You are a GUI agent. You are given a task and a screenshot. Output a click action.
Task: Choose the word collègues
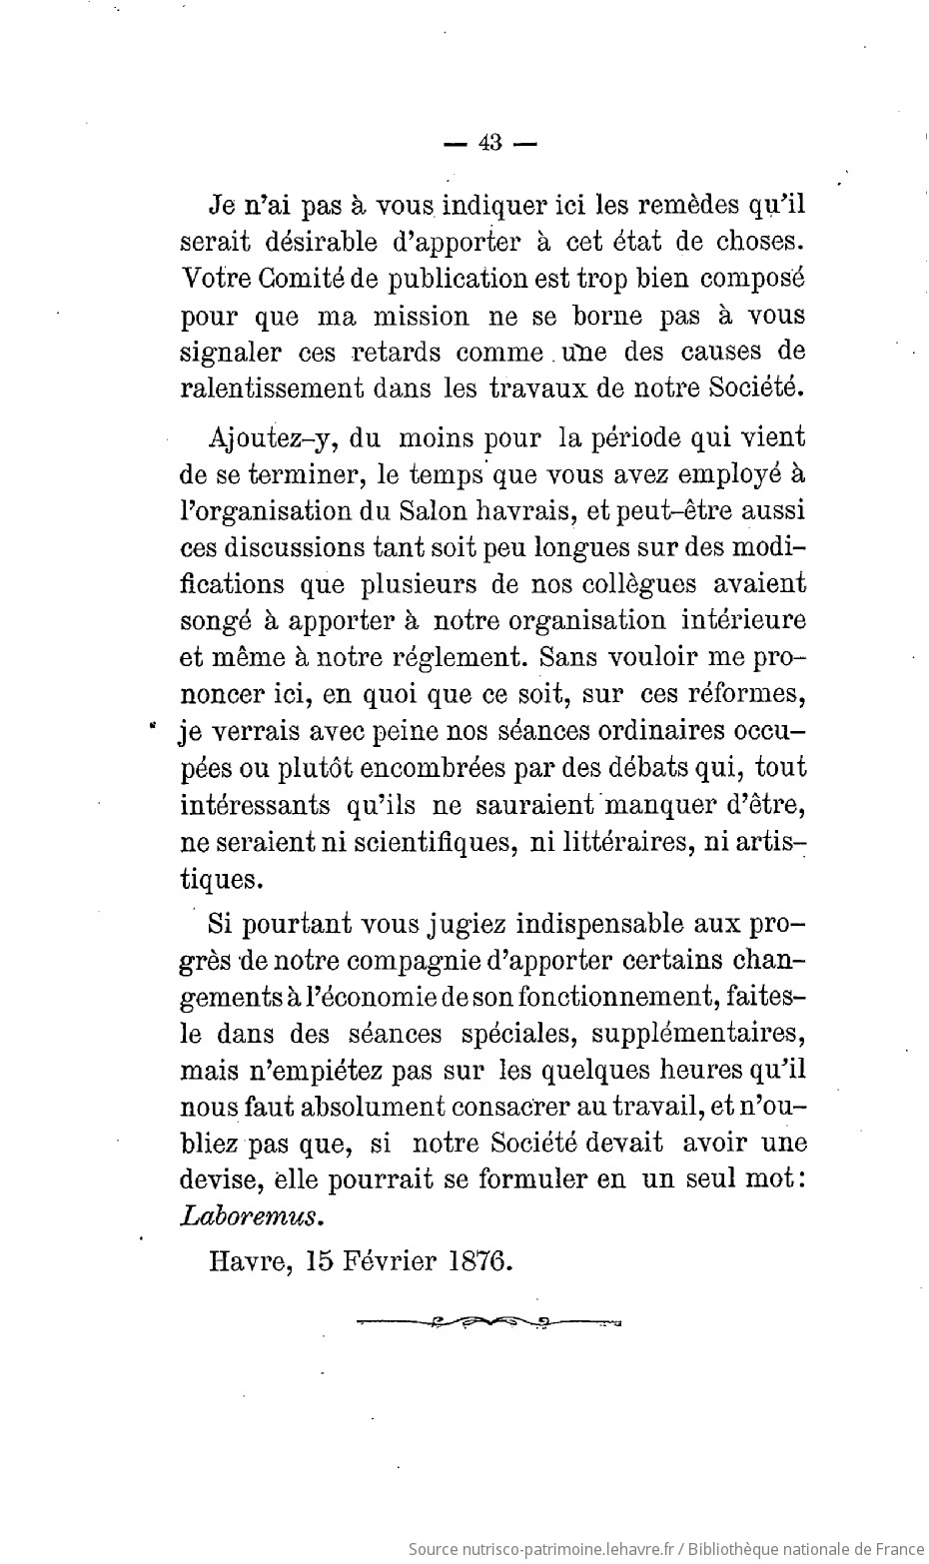pos(634,583)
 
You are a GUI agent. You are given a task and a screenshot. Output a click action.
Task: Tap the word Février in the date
pos(388,1260)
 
